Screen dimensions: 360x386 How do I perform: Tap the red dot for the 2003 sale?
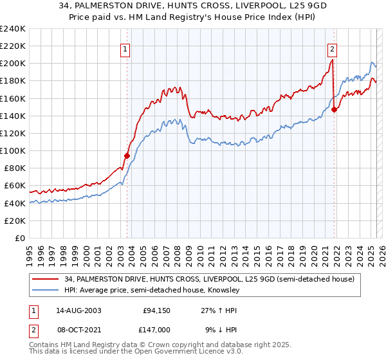coord(127,155)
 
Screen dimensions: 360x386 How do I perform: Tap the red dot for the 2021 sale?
coord(334,109)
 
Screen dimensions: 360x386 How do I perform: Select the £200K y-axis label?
coord(13,64)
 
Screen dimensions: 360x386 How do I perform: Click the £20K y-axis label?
coord(15,221)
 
